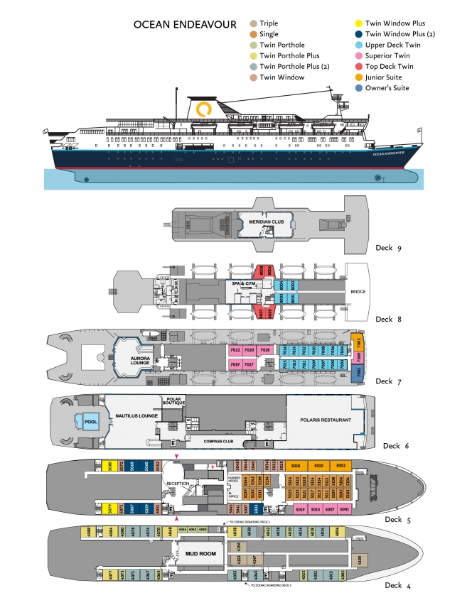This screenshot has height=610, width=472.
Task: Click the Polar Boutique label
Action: pos(172,402)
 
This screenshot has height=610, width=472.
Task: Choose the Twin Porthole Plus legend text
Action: pos(289,55)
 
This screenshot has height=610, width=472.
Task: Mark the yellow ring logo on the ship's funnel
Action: pos(204,109)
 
